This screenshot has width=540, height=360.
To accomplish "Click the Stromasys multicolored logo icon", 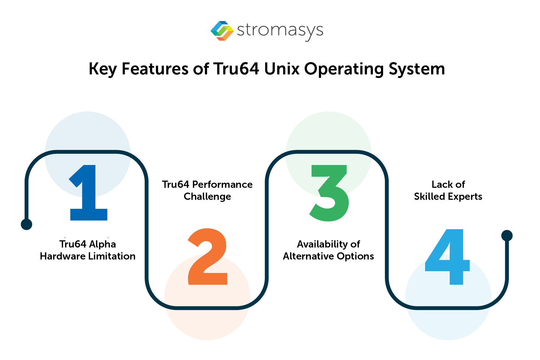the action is [x=222, y=31].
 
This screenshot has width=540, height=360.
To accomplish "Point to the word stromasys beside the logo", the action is [x=280, y=31].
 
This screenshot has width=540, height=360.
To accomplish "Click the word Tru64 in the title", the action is [x=236, y=69].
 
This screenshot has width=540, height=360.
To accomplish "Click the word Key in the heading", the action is [x=102, y=69].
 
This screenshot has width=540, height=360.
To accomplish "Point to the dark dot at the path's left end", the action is [x=26, y=224].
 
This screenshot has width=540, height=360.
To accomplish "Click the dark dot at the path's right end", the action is [x=507, y=235].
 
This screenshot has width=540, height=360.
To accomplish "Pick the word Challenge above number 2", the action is [x=207, y=196].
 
